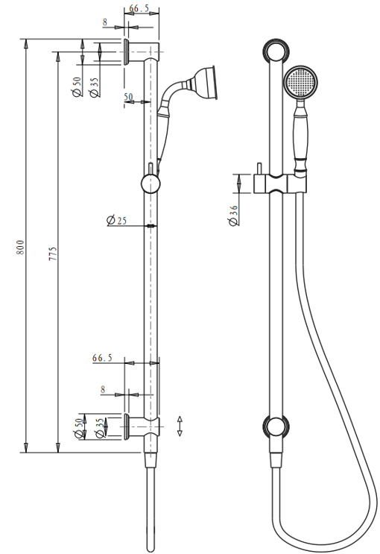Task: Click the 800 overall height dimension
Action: pyautogui.click(x=22, y=247)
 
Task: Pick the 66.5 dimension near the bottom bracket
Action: pyautogui.click(x=103, y=358)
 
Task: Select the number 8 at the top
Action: pyautogui.click(x=105, y=23)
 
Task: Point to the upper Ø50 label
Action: pyautogui.click(x=77, y=86)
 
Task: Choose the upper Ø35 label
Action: pyautogui.click(x=95, y=86)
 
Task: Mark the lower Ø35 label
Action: pyautogui.click(x=98, y=429)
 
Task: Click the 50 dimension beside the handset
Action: pyautogui.click(x=128, y=97)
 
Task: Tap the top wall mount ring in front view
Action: pyautogui.click(x=276, y=51)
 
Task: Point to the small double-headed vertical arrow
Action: pyautogui.click(x=180, y=426)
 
